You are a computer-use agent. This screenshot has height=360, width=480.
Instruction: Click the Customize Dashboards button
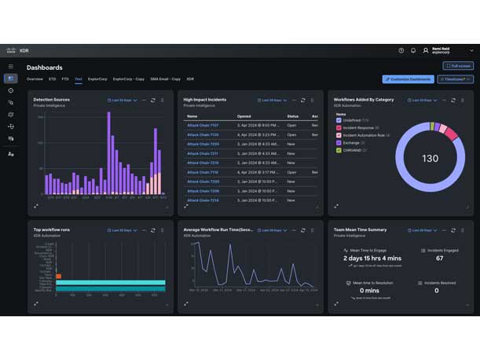coord(408,79)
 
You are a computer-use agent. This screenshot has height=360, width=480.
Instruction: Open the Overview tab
coord(35,79)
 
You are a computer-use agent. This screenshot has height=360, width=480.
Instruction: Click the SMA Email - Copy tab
coord(165,79)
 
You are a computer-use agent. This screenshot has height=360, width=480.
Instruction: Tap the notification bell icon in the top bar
coord(413,50)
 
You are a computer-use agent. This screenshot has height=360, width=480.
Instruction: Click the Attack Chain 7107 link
coord(203,125)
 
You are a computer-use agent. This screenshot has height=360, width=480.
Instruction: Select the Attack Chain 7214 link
coord(203,200)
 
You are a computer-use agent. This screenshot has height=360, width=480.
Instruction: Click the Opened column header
coord(244,116)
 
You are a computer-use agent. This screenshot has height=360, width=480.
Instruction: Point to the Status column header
coord(292,116)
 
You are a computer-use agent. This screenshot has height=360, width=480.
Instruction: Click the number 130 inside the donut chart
coord(430,159)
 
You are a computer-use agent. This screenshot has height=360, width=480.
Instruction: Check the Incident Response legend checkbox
coord(339,127)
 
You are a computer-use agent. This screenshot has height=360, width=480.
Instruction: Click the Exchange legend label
coord(351,142)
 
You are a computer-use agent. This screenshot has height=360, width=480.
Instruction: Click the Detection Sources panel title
coord(52,100)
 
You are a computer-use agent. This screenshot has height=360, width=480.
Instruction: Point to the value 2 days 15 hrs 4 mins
coord(372,258)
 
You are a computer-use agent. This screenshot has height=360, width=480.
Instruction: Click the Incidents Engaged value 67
coord(439,258)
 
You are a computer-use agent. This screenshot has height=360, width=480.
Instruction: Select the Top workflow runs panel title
coord(52,230)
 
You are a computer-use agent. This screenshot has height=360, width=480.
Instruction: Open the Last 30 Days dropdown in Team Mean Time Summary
coord(424,230)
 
